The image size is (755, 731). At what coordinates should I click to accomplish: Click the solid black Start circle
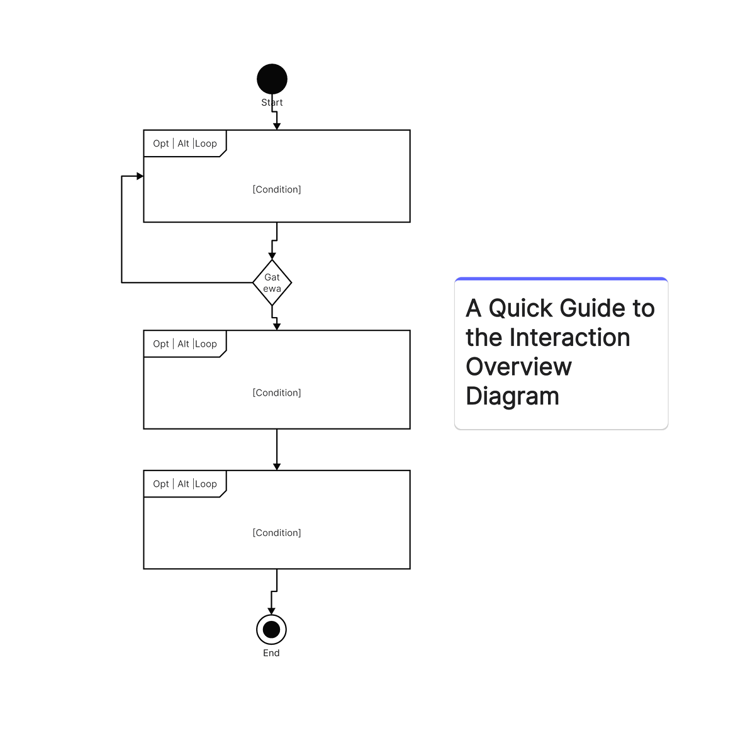[x=272, y=79]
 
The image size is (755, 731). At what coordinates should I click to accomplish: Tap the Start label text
[x=272, y=103]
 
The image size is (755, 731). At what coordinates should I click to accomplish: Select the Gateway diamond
[x=272, y=282]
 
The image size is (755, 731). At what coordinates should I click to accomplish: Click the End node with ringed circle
[x=271, y=629]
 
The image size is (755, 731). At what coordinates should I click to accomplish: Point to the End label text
[x=271, y=653]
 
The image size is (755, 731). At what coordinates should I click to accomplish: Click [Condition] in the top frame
[x=277, y=189]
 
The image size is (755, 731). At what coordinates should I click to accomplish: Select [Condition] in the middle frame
[x=277, y=393]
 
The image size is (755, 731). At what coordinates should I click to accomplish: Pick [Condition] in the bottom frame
[x=277, y=533]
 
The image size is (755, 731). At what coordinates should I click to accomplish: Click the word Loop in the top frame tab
[x=206, y=143]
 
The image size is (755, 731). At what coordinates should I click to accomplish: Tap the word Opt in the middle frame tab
[x=161, y=344]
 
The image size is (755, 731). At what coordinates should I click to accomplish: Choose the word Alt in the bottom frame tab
[x=183, y=484]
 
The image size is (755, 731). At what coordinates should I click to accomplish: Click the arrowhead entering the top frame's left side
[x=140, y=176]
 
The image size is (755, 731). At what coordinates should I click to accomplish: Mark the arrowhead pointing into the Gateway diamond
[x=272, y=255]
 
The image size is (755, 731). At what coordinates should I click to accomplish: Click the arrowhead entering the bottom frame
[x=277, y=466]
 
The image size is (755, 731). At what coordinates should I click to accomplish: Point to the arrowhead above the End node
[x=271, y=611]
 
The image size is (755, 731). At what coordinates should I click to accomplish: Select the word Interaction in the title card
[x=569, y=338]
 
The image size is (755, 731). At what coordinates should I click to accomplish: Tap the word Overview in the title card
[x=518, y=367]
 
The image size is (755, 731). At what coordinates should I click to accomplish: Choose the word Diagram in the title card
[x=512, y=396]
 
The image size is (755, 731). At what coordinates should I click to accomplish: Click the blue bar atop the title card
[x=561, y=279]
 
